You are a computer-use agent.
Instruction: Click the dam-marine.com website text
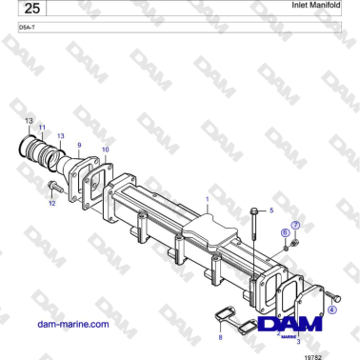(x=71, y=324)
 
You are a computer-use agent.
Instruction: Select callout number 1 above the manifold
(x=207, y=200)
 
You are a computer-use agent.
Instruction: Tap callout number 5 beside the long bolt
(x=271, y=209)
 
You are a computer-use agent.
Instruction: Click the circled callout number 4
(x=332, y=310)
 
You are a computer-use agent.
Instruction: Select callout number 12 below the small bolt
(x=52, y=203)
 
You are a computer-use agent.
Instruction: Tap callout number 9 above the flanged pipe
(x=79, y=145)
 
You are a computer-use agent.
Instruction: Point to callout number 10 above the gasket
(x=105, y=150)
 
